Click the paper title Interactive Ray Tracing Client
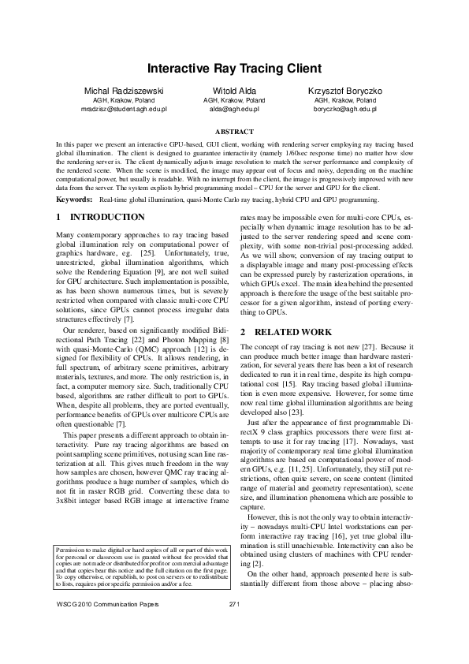click(234, 69)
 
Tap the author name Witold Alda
click(234, 92)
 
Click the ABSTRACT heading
click(234, 132)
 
